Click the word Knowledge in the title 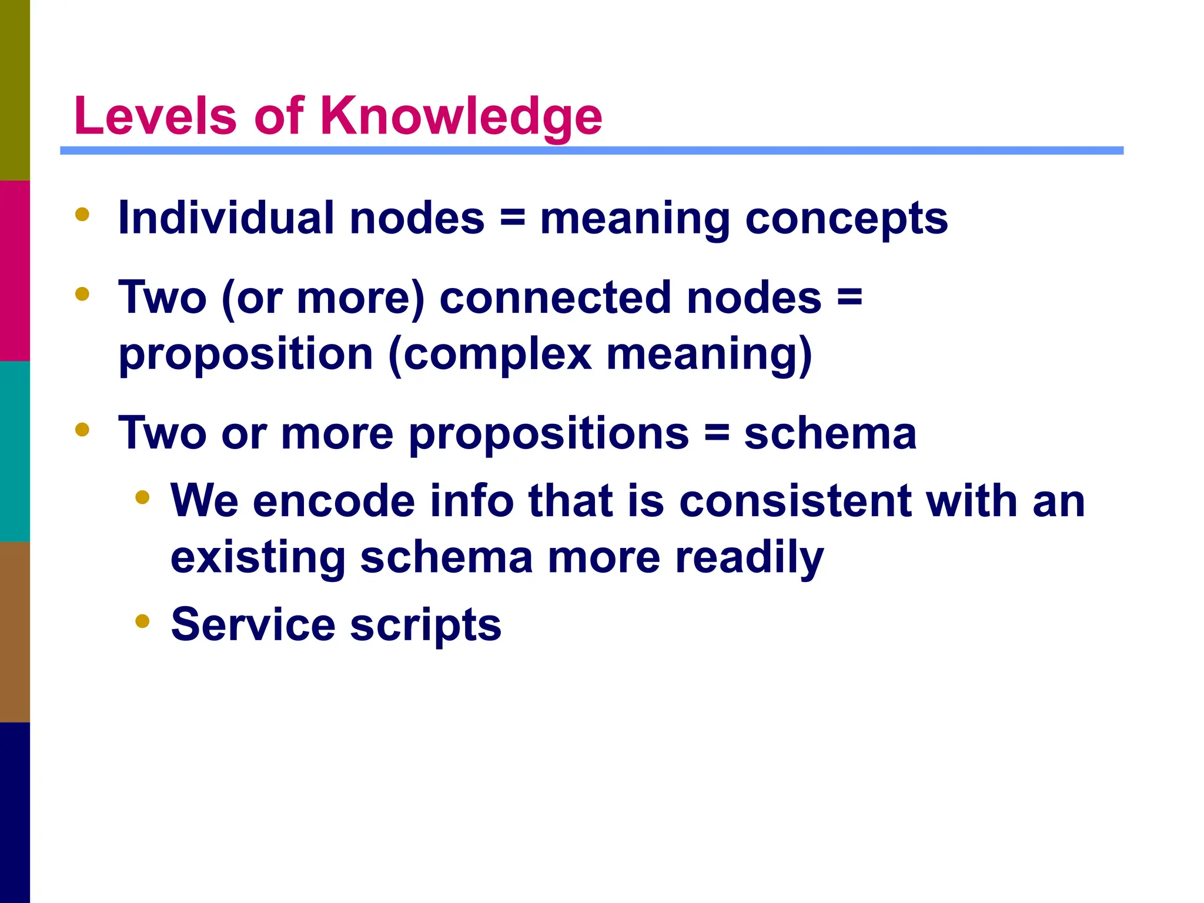pyautogui.click(x=461, y=116)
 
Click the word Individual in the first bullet pyautogui.click(x=226, y=218)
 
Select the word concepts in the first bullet pyautogui.click(x=847, y=219)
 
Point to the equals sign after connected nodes pyautogui.click(x=850, y=297)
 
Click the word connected pyautogui.click(x=556, y=297)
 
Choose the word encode pyautogui.click(x=334, y=501)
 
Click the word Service pyautogui.click(x=253, y=624)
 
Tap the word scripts pyautogui.click(x=426, y=626)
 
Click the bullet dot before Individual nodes pyautogui.click(x=82, y=215)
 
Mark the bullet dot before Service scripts pyautogui.click(x=142, y=621)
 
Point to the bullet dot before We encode pyautogui.click(x=142, y=498)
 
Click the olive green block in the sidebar pyautogui.click(x=15, y=90)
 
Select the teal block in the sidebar pyautogui.click(x=15, y=451)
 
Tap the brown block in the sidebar pyautogui.click(x=15, y=631)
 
